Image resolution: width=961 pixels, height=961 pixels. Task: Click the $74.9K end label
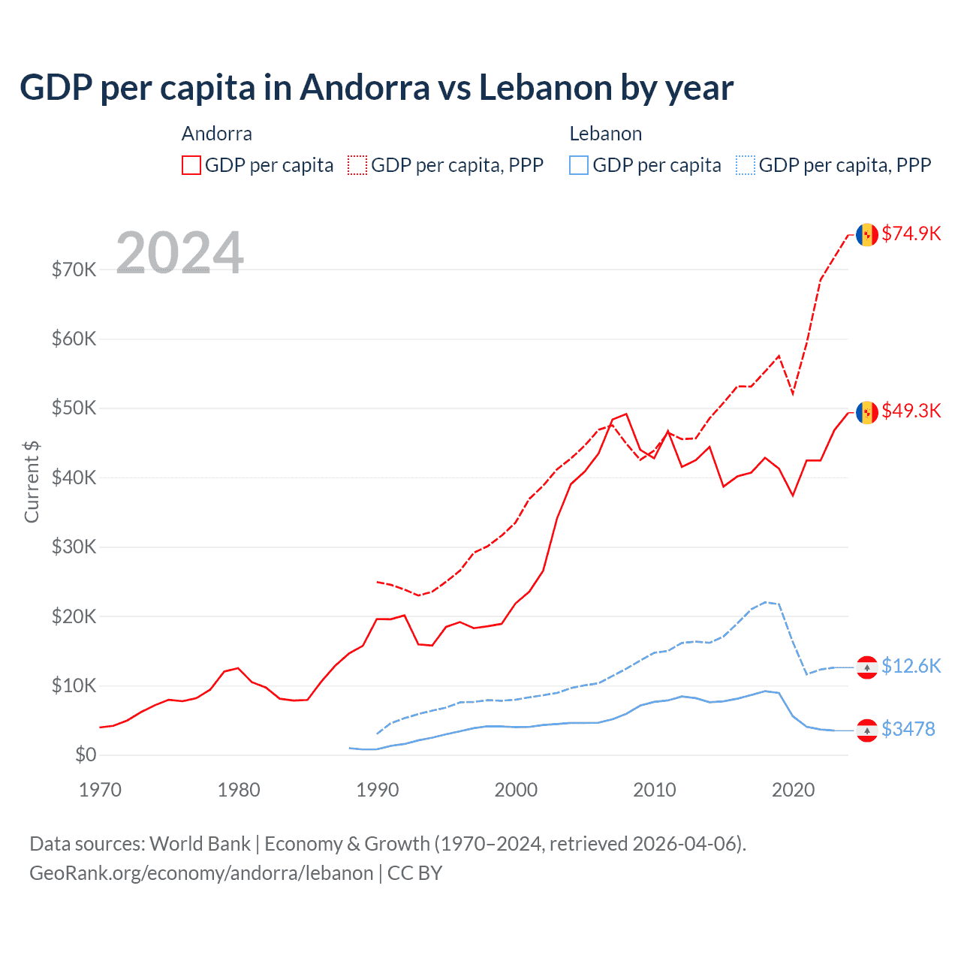coord(911,233)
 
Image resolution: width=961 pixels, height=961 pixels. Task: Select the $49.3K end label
coord(911,411)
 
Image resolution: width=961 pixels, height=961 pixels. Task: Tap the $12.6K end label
coord(911,666)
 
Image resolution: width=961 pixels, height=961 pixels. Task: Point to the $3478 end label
coord(908,729)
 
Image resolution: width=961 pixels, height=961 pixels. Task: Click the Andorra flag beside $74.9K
coord(867,234)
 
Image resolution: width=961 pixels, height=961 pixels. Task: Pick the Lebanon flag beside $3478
coord(867,731)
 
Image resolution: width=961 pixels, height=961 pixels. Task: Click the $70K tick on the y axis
coord(74,270)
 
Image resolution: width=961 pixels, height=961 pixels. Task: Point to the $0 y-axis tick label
coord(85,755)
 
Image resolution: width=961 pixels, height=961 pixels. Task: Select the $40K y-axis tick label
coord(74,477)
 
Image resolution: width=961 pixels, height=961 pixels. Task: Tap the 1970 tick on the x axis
coord(100,790)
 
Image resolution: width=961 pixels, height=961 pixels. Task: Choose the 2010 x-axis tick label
coord(654,790)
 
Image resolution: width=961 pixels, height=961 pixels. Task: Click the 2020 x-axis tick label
coord(793,790)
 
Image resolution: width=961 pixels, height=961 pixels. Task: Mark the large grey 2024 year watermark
coord(180,252)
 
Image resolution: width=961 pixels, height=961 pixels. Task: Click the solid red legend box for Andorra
coord(191,165)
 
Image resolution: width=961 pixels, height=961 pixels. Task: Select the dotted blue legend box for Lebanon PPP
coord(746,165)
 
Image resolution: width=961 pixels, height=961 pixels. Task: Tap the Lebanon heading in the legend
coord(605,134)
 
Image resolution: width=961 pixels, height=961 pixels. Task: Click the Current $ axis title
coord(32,481)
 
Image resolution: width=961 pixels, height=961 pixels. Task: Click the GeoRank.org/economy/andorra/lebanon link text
coord(201,873)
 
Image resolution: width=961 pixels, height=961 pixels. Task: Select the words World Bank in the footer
coord(200,844)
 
